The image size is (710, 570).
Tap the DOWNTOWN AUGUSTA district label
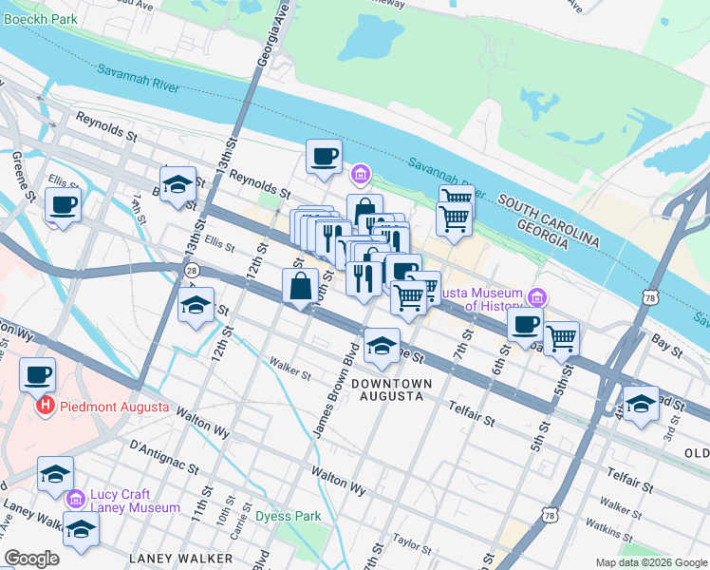[391, 389]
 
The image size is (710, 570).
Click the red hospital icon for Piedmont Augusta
[44, 408]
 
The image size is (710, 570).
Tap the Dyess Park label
[288, 517]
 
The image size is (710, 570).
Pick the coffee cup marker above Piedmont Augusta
[38, 374]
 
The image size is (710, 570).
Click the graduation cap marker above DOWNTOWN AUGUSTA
[382, 346]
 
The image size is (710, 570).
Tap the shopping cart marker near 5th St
[562, 336]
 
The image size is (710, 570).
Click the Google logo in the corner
[31, 559]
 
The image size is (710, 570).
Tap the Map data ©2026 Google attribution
[650, 562]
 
